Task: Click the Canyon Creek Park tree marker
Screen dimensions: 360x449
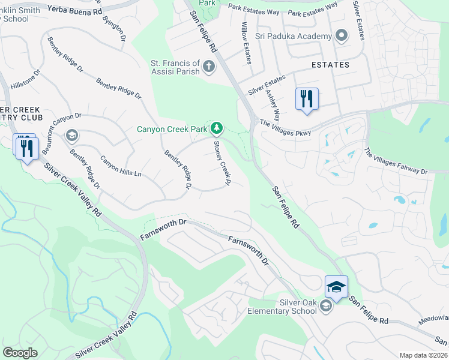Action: pyautogui.click(x=217, y=128)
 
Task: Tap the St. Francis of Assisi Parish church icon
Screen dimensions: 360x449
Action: pyautogui.click(x=209, y=65)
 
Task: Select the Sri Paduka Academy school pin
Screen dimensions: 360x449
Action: pyautogui.click(x=342, y=36)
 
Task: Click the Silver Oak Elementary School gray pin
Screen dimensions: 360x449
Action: pyautogui.click(x=325, y=307)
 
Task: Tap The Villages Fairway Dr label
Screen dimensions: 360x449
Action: pyautogui.click(x=396, y=163)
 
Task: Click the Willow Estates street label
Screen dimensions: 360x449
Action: pyautogui.click(x=246, y=40)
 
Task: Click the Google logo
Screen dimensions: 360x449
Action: pyautogui.click(x=20, y=353)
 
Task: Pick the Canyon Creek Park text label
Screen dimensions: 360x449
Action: pyautogui.click(x=171, y=128)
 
